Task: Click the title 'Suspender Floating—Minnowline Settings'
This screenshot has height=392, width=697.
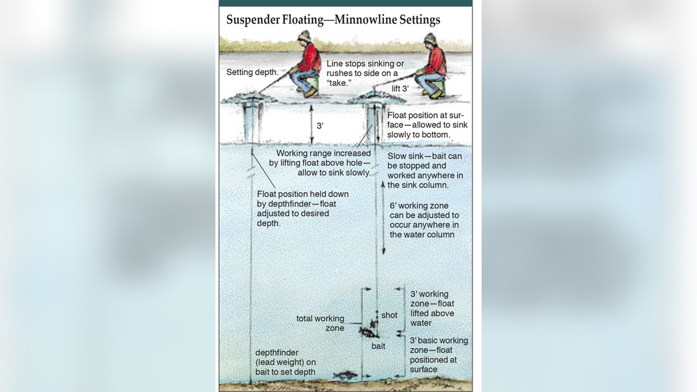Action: coord(333,20)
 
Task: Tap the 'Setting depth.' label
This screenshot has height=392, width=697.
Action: coord(252,72)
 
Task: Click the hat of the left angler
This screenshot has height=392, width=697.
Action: coord(305,36)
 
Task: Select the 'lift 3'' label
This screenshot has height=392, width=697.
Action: coord(399,89)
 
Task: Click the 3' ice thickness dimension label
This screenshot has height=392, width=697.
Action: coord(320,126)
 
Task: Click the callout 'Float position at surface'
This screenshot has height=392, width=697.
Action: coord(427,125)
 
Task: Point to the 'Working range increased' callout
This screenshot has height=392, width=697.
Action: coord(320,163)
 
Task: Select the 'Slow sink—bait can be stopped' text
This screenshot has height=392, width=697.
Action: coord(425,171)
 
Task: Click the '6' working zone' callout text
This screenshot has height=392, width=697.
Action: coord(424,220)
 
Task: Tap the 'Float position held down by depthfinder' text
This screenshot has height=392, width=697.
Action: coord(302,209)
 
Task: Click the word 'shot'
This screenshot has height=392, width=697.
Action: coord(389,315)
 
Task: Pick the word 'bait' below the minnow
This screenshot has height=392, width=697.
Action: coord(378,346)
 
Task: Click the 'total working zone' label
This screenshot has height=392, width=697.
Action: coord(320,323)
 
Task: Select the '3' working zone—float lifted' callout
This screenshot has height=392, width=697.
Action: coord(432,308)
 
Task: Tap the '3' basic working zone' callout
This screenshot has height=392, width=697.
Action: coord(438,354)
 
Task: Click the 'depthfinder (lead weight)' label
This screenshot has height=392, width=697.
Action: coord(285,362)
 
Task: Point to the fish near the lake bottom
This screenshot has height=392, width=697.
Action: coord(346,376)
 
